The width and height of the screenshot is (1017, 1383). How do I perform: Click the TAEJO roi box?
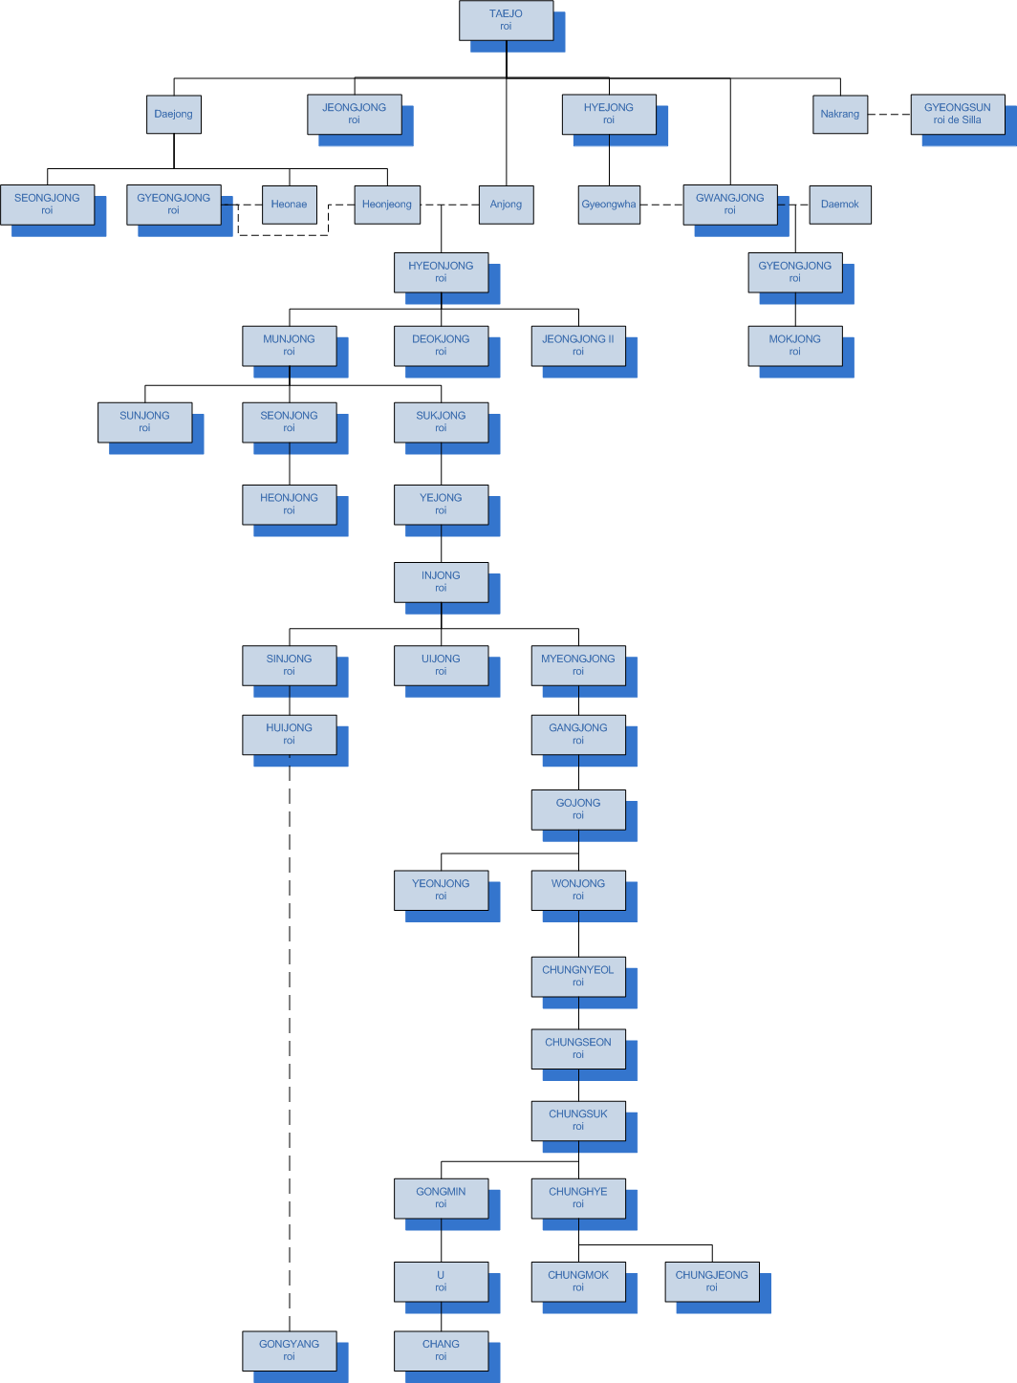pyautogui.click(x=506, y=20)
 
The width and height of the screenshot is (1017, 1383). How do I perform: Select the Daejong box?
pyautogui.click(x=173, y=114)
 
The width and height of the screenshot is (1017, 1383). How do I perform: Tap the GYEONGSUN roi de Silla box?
pyautogui.click(x=957, y=114)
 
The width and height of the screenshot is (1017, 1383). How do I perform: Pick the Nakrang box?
pyautogui.click(x=840, y=114)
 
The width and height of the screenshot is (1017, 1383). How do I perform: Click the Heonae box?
pyautogui.click(x=289, y=204)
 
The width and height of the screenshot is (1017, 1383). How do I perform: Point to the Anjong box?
pyautogui.click(x=506, y=204)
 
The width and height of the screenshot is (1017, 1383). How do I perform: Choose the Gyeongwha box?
pyautogui.click(x=609, y=204)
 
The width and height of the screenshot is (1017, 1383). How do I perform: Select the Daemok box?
pyautogui.click(x=839, y=204)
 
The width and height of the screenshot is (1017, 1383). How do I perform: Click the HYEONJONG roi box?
pyautogui.click(x=441, y=272)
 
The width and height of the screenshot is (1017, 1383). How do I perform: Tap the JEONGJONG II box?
pyautogui.click(x=578, y=345)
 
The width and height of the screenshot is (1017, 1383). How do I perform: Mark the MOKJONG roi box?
pyautogui.click(x=794, y=345)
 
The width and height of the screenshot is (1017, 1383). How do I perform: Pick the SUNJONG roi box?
pyautogui.click(x=144, y=421)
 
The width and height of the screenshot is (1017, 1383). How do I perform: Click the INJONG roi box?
pyautogui.click(x=441, y=582)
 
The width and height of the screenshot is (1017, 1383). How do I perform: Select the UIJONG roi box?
pyautogui.click(x=441, y=665)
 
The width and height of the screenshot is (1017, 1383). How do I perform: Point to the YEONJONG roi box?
pyautogui.click(x=441, y=890)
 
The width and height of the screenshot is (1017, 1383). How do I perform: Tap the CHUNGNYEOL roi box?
pyautogui.click(x=578, y=976)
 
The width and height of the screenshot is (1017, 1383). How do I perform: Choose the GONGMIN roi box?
pyautogui.click(x=441, y=1198)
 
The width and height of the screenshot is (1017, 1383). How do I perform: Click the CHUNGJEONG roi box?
pyautogui.click(x=712, y=1281)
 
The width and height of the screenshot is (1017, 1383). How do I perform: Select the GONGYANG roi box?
pyautogui.click(x=289, y=1350)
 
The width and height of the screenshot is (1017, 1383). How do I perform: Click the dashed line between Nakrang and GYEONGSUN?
pyautogui.click(x=889, y=114)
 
